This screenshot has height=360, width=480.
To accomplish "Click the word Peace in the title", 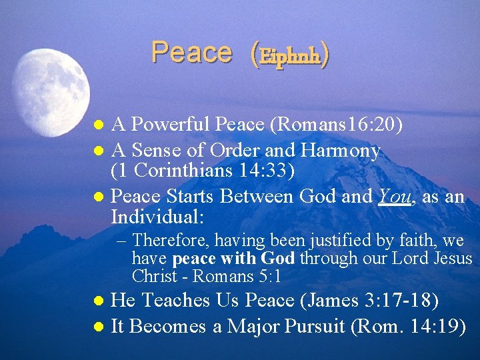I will click(x=191, y=53).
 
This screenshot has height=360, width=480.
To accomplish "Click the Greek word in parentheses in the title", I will click(x=290, y=56).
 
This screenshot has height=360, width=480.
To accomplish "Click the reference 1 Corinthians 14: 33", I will click(x=203, y=171).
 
